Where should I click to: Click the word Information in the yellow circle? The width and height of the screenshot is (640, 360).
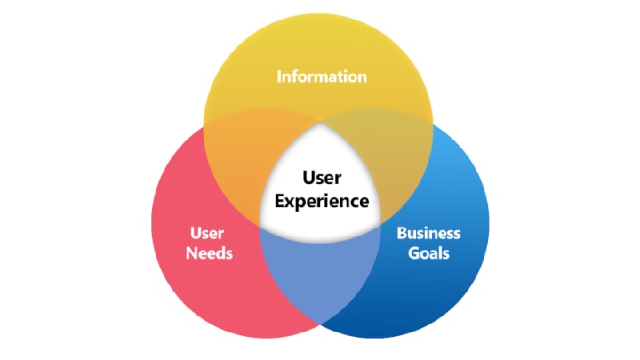point(321,76)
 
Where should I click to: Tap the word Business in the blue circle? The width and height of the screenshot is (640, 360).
point(428,234)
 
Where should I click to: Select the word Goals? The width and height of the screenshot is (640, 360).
point(429,252)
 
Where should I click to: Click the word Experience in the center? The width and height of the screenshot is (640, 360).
point(321,201)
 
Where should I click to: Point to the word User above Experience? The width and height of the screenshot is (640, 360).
point(321,180)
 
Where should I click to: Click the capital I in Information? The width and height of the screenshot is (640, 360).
point(279,76)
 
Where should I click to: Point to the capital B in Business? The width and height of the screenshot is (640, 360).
point(401,234)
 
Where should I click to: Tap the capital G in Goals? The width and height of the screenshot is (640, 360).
point(414,252)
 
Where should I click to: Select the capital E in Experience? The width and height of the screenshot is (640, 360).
point(279,201)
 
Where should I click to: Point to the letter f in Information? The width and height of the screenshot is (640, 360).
point(294,76)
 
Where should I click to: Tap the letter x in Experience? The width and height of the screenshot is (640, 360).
point(290,202)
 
